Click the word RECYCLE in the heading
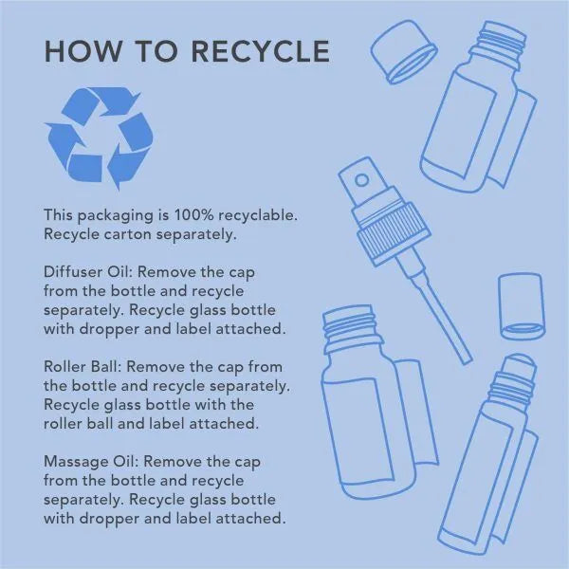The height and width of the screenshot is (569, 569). click(x=260, y=51)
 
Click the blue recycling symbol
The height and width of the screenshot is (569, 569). click(x=99, y=138)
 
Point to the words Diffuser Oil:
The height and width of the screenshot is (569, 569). click(x=87, y=272)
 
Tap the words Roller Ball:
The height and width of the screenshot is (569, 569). click(x=82, y=366)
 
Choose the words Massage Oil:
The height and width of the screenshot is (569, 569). click(x=91, y=462)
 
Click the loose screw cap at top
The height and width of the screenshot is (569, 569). click(x=404, y=51)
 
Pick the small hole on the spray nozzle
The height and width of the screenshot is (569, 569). click(x=361, y=180)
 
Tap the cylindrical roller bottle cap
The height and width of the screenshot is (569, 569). click(x=522, y=306)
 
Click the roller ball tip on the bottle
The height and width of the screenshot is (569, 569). click(x=519, y=365)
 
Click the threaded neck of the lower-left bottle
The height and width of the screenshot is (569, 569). click(x=351, y=326)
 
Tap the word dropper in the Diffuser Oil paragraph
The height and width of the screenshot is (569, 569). click(x=110, y=329)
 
